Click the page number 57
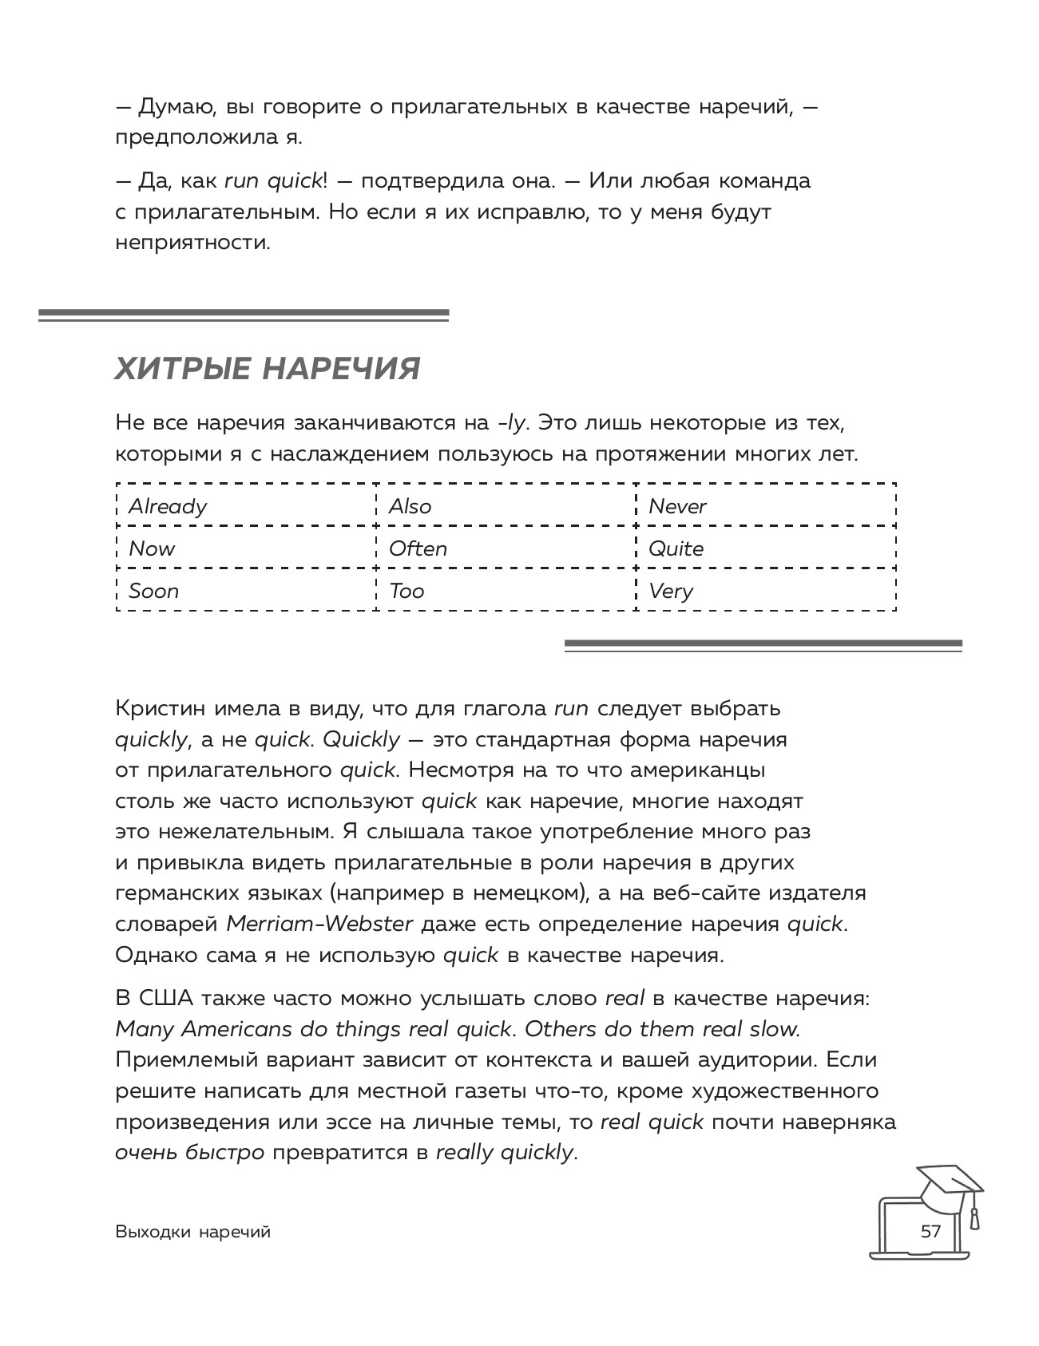[x=930, y=1230]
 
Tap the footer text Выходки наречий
[x=193, y=1232]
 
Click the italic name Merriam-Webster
[x=319, y=924]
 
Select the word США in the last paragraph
[x=165, y=998]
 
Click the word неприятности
[x=193, y=243]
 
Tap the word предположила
[x=195, y=137]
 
